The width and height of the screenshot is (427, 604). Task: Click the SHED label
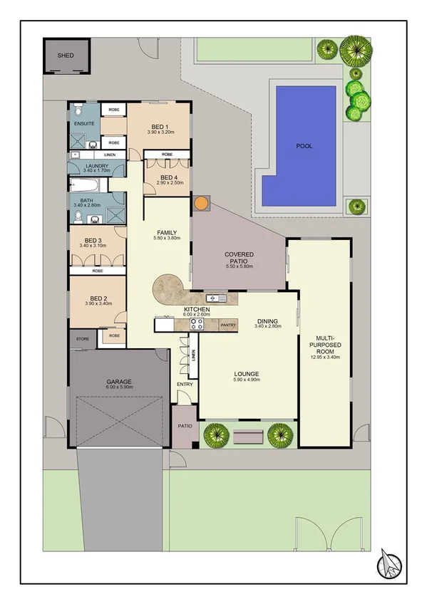(65, 55)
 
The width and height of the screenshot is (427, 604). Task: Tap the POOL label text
(304, 147)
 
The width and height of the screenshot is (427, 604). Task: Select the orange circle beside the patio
(202, 204)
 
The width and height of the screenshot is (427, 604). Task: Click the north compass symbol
(391, 564)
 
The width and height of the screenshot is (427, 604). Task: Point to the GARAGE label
(118, 382)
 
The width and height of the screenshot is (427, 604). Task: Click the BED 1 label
(160, 126)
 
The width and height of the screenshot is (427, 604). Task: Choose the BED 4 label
(168, 177)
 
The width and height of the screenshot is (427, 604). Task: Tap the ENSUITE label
(85, 123)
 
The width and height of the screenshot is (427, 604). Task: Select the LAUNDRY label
(96, 165)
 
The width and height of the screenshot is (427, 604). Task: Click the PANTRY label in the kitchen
(228, 325)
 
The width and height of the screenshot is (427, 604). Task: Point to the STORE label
(83, 339)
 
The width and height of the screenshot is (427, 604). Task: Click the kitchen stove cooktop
(197, 324)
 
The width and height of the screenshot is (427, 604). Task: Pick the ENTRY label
(185, 385)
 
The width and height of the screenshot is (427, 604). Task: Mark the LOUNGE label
(246, 374)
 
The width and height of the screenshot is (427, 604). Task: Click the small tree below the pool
(356, 207)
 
